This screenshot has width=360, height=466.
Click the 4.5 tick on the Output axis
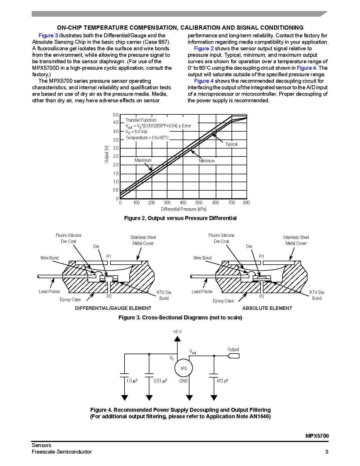coord(116,123)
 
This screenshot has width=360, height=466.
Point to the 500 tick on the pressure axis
coord(199,202)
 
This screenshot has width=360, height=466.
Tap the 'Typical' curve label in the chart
coord(231,144)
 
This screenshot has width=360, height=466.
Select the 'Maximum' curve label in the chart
coord(143,160)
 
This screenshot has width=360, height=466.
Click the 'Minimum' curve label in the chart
coord(207,161)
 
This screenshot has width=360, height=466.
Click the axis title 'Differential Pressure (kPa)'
coord(184,209)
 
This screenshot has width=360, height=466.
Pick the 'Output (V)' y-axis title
coord(106,154)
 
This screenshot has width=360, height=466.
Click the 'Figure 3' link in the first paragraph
coord(48,36)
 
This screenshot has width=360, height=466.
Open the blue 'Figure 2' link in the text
coord(204,49)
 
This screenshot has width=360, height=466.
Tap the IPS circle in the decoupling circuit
coord(184,369)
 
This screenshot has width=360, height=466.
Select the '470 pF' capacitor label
coord(222,381)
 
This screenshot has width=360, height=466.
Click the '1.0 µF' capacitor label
coord(132,381)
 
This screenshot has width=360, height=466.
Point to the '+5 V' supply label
coord(177,332)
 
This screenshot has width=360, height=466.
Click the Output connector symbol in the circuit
coord(234,356)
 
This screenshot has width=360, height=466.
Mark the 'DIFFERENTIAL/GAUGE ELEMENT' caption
coord(113,308)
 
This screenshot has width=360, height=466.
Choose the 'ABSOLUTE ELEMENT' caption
coord(267,308)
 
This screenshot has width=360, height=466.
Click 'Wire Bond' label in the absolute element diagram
coord(202,258)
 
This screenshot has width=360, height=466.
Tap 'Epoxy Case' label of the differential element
coord(70,300)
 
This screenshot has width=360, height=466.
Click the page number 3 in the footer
coord(327,452)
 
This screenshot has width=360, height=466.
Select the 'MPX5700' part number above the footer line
coord(317,436)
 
